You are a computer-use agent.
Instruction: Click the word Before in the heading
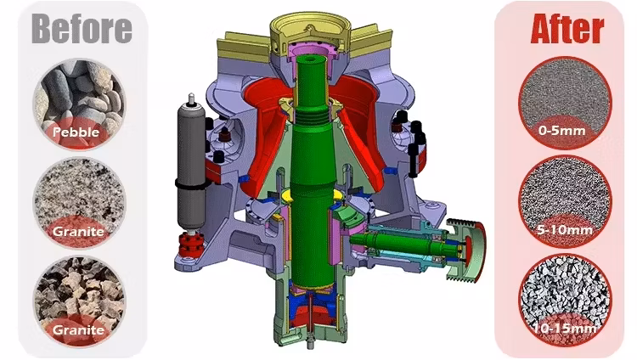[82, 28]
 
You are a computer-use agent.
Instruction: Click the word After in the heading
[567, 28]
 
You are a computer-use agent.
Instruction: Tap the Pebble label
[76, 132]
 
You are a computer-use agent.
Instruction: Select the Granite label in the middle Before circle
[78, 231]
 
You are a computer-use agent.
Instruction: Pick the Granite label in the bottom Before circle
[78, 329]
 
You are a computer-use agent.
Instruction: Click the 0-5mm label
[562, 131]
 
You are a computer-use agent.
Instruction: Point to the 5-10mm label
[565, 230]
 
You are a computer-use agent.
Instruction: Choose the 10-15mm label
[565, 329]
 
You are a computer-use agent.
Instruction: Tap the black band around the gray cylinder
[191, 183]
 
